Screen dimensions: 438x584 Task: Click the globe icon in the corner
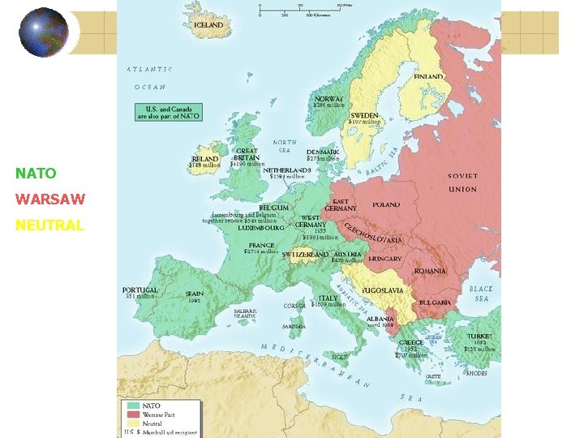(44, 32)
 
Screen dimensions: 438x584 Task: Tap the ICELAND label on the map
(208, 25)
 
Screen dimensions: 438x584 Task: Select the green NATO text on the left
(36, 174)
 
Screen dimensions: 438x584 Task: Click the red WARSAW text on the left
(50, 200)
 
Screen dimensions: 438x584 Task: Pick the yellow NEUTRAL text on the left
(49, 225)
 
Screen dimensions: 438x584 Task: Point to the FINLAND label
(428, 76)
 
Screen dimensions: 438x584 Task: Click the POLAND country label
(386, 204)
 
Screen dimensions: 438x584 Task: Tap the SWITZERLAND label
(305, 255)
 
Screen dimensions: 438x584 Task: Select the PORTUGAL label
(140, 290)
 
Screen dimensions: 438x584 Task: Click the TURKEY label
(479, 336)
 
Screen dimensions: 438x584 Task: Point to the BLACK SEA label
(480, 294)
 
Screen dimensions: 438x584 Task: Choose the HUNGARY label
(385, 259)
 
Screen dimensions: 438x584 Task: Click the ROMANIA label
(430, 271)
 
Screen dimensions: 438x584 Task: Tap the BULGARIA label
(435, 303)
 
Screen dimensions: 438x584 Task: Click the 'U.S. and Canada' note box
(167, 112)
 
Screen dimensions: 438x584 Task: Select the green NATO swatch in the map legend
(133, 405)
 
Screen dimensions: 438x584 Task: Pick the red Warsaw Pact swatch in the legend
(133, 414)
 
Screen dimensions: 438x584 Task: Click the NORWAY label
(328, 99)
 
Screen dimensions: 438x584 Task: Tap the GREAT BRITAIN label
(247, 154)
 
